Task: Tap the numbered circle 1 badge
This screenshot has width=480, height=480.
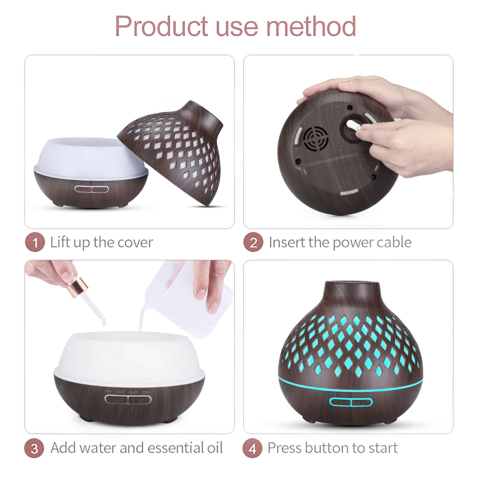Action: click(x=35, y=243)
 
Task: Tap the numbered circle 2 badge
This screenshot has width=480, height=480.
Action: click(x=253, y=243)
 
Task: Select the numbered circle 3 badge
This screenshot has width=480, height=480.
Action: click(x=35, y=448)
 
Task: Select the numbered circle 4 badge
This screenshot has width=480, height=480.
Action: click(x=252, y=448)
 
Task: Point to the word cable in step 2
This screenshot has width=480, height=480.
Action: click(x=392, y=242)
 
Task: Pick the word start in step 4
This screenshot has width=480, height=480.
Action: click(x=382, y=448)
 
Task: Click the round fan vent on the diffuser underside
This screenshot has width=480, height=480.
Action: click(x=316, y=138)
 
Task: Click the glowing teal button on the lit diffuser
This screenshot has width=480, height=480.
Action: click(x=351, y=402)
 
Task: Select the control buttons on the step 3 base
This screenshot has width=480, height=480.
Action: click(x=128, y=399)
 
